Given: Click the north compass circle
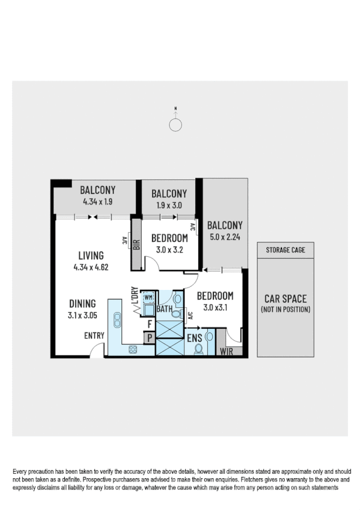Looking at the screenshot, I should coord(175,124).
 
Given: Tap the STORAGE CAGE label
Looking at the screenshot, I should coord(285,250).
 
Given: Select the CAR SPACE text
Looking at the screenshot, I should coord(285,298).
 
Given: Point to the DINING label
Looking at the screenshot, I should coord(83,304).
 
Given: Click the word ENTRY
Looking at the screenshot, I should coord(94,336).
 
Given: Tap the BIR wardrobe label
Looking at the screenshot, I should coord(136,244).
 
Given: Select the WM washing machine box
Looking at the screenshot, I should coord(148,298).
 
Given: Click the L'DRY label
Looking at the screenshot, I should coord(135,298).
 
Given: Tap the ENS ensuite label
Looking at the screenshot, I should coord(194,339).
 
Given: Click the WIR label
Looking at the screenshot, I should coord(227,351).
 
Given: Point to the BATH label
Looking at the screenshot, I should coord(165,309).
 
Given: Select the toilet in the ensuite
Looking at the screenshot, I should coord(199,349).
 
